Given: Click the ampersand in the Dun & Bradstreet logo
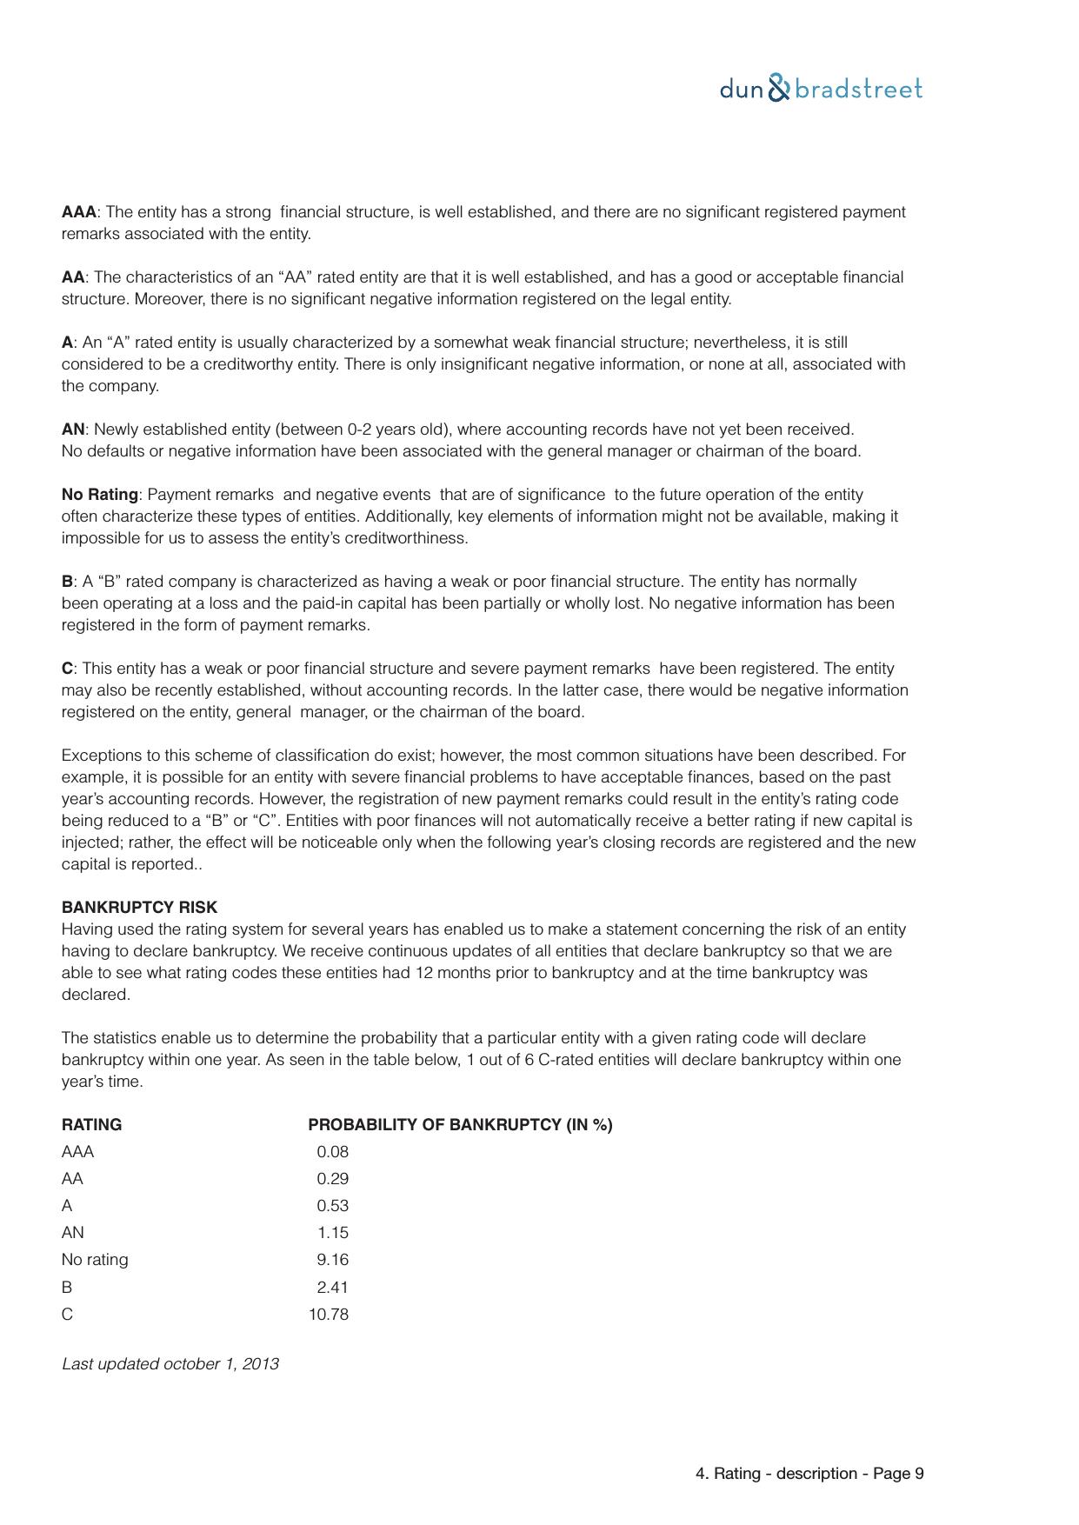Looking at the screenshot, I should click(780, 89).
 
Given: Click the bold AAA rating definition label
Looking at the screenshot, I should click(79, 212).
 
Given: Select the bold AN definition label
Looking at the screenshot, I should click(73, 430).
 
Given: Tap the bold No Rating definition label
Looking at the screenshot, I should click(100, 495).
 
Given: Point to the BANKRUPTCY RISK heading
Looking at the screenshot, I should click(139, 908).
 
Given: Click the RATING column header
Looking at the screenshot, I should click(91, 1125).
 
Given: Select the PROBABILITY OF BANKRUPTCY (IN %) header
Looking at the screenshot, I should click(460, 1125).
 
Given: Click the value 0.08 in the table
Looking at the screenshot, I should click(332, 1152).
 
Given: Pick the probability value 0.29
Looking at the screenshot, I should click(332, 1179).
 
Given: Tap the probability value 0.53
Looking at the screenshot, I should click(332, 1206).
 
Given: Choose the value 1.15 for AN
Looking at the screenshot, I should click(332, 1233).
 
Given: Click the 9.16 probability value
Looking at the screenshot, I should click(332, 1260).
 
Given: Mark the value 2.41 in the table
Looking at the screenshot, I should click(332, 1288).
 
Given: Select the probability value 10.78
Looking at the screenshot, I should click(329, 1315).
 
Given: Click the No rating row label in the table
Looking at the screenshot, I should click(95, 1260).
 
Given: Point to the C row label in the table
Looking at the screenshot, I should click(67, 1315).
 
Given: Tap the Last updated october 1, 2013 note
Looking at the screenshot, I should click(170, 1364).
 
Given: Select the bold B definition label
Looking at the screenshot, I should click(67, 582).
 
